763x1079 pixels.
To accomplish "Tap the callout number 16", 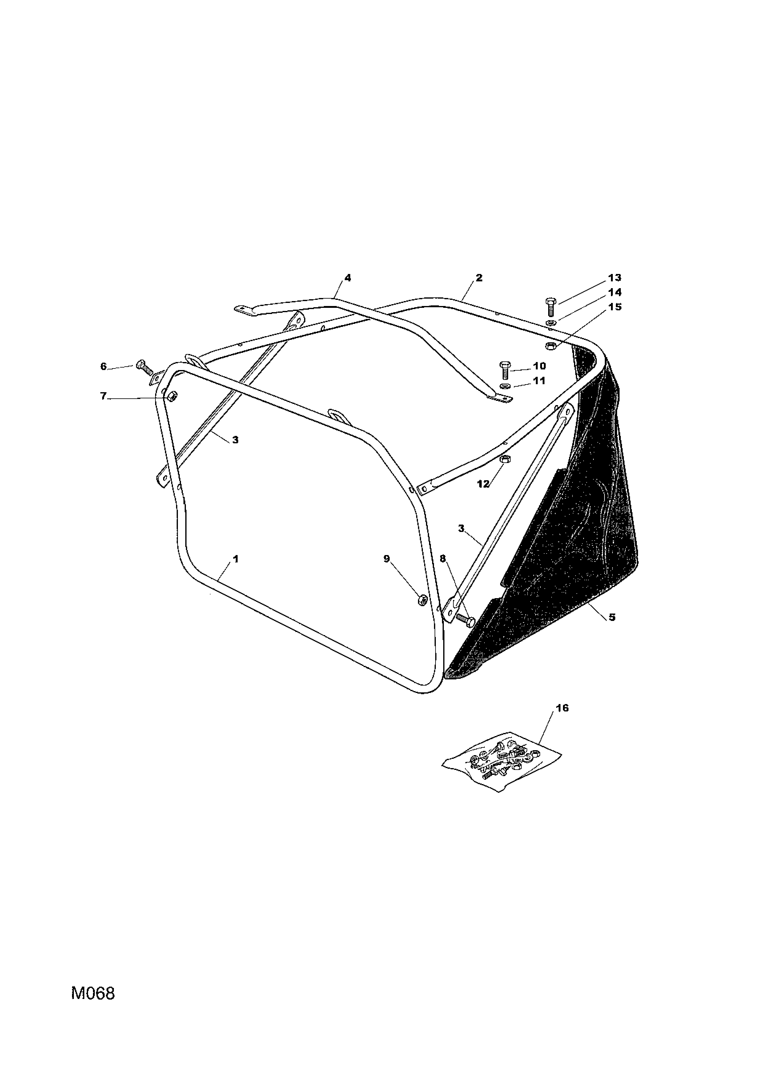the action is pyautogui.click(x=562, y=721).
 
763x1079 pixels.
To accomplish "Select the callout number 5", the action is pyautogui.click(x=612, y=617).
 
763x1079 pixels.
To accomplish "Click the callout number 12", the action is pyautogui.click(x=484, y=484).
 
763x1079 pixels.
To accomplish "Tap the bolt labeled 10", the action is pyautogui.click(x=504, y=370).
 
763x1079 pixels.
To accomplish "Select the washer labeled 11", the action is pyautogui.click(x=505, y=386).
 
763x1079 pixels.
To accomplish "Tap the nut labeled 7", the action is pyautogui.click(x=171, y=397).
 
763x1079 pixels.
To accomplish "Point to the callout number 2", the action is pyautogui.click(x=479, y=278).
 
